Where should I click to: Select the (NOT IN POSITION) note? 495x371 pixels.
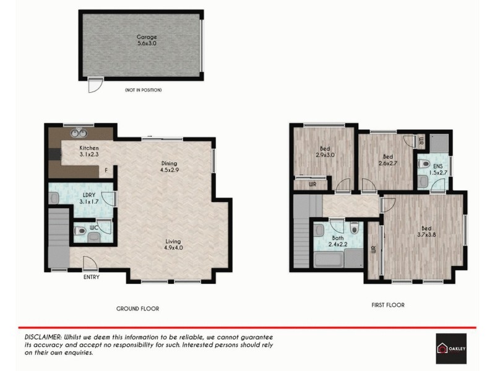point(143,90)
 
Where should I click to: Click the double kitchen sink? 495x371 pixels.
point(80,132)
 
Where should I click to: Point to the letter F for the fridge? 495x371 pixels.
point(106,170)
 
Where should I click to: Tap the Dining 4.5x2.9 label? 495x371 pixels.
point(169,166)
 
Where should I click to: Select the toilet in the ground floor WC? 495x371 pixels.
point(80,232)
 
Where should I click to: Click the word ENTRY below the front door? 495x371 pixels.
point(91,277)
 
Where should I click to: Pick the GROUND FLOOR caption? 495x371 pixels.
point(138,308)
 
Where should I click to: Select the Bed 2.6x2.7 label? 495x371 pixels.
point(387,160)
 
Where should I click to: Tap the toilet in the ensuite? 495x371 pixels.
point(423,164)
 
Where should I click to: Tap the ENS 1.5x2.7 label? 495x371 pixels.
point(438,169)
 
